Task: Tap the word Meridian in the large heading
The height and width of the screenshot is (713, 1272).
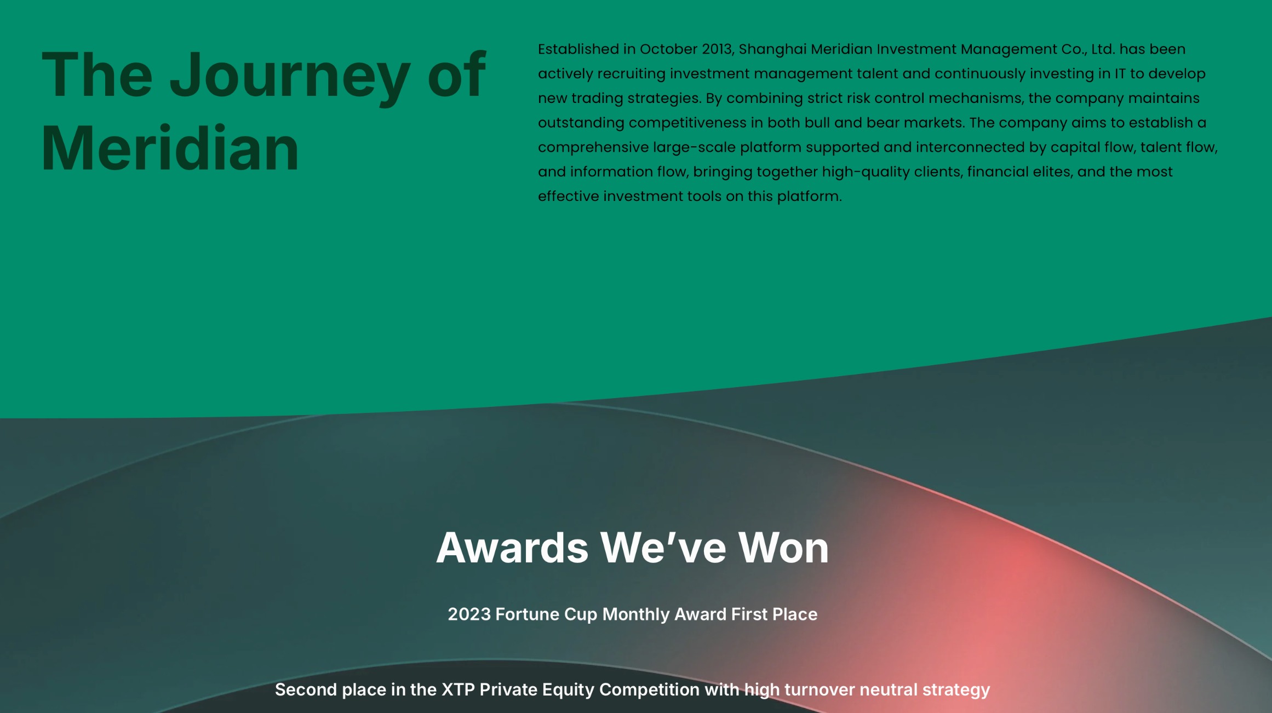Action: pyautogui.click(x=170, y=148)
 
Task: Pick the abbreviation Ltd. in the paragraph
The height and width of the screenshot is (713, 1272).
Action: pyautogui.click(x=1102, y=49)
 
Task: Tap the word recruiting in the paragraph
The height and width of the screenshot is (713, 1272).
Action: pyautogui.click(x=631, y=74)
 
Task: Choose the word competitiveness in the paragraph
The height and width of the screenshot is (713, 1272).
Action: pyautogui.click(x=687, y=123)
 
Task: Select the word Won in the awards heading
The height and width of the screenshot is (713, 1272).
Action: pyautogui.click(x=783, y=548)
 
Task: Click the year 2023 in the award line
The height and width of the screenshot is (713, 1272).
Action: pyautogui.click(x=469, y=614)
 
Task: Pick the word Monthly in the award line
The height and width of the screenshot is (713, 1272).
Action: pyautogui.click(x=636, y=615)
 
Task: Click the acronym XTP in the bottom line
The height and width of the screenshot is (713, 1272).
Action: pyautogui.click(x=458, y=690)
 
